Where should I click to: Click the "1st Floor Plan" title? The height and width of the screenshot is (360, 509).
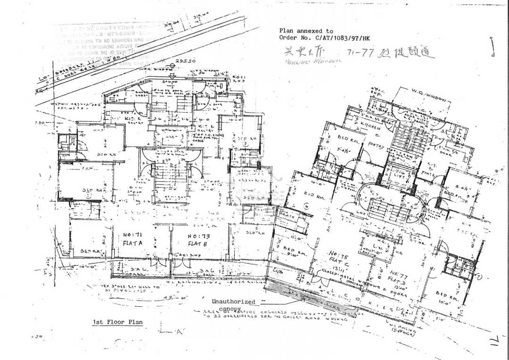coord(117,322)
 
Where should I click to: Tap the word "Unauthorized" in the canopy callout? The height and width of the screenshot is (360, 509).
coord(233,302)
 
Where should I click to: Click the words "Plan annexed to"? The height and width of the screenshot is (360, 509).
coord(306,31)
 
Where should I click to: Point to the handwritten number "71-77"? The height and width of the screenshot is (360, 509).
coord(360,53)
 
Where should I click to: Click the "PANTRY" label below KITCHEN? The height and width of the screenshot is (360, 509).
coord(377,145)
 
